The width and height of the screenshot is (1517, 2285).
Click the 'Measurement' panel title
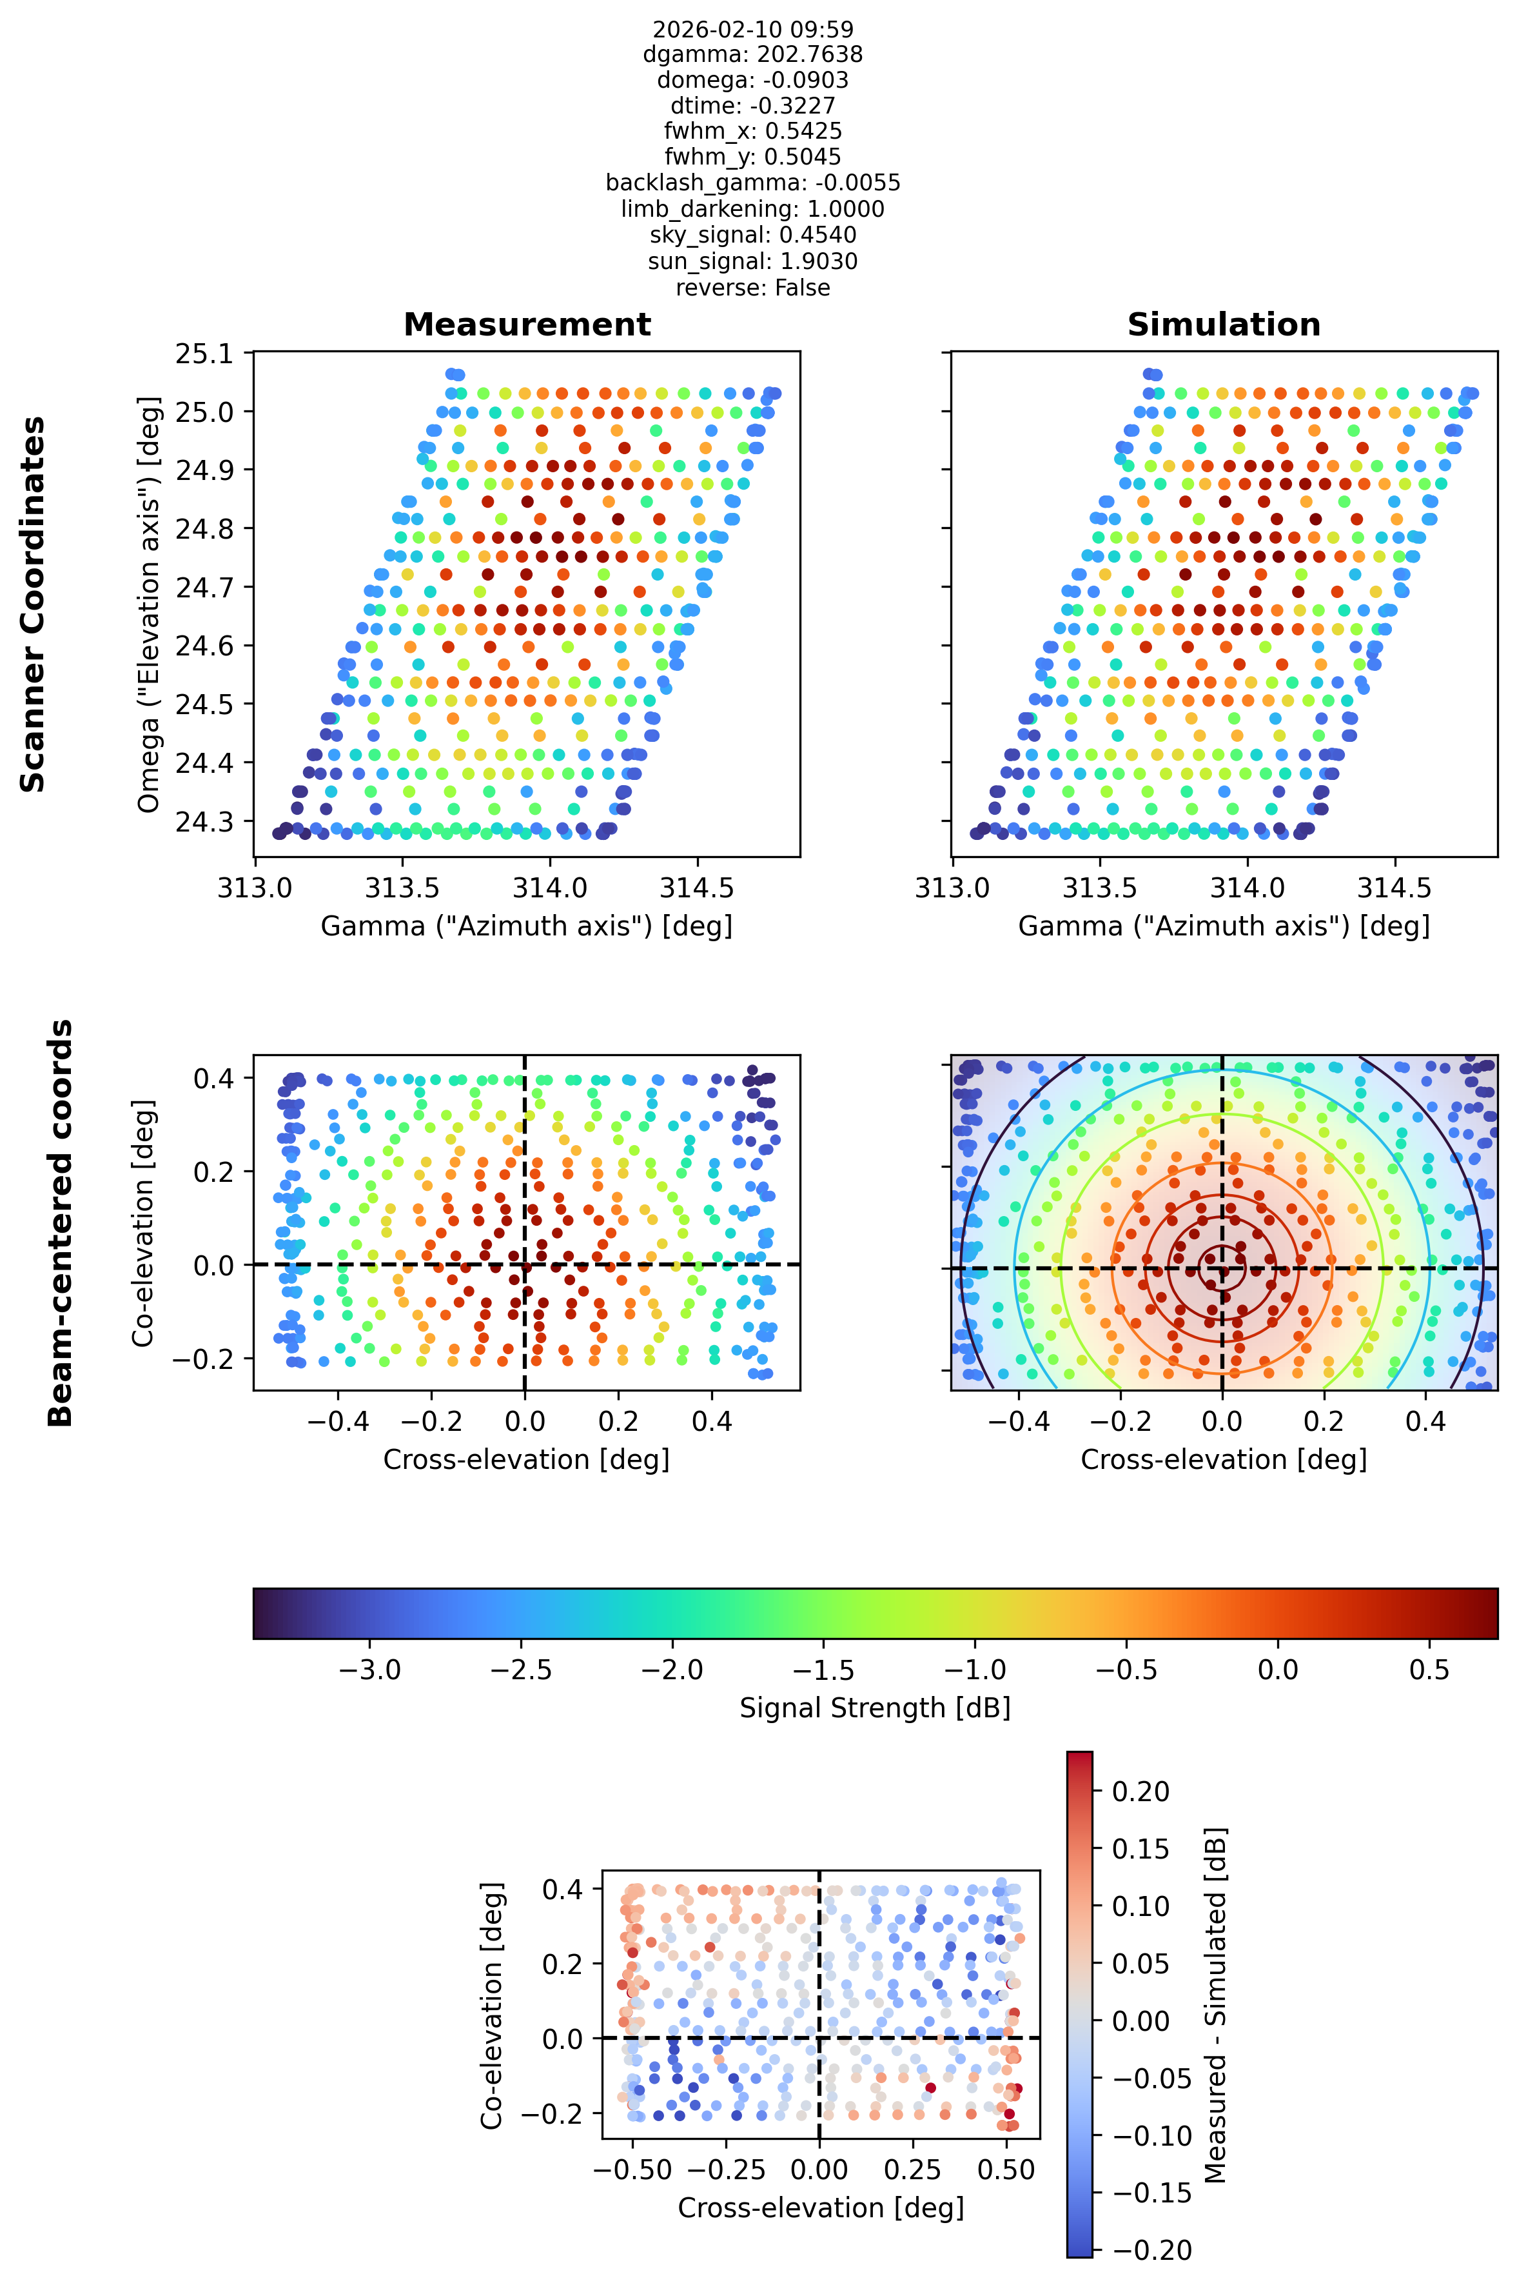[527, 324]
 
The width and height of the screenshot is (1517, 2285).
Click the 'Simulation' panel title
[1224, 324]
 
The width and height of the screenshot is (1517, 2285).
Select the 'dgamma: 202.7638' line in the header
[752, 54]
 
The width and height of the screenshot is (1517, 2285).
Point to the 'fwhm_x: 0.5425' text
[752, 131]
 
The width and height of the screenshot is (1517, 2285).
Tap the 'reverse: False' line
[752, 288]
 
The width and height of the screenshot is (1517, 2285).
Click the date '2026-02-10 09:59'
[752, 29]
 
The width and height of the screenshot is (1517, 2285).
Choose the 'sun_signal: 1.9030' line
[752, 261]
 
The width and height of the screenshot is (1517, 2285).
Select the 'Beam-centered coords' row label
[60, 1222]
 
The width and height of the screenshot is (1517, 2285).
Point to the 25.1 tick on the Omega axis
[204, 354]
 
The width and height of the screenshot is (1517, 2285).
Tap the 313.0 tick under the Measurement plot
[255, 888]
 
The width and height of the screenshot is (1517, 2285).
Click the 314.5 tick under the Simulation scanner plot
[1395, 888]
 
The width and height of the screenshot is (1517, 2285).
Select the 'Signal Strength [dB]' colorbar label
[876, 1708]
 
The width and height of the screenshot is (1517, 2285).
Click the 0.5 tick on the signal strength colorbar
[1429, 1670]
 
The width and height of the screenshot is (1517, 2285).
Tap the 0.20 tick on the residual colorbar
[1140, 1791]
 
